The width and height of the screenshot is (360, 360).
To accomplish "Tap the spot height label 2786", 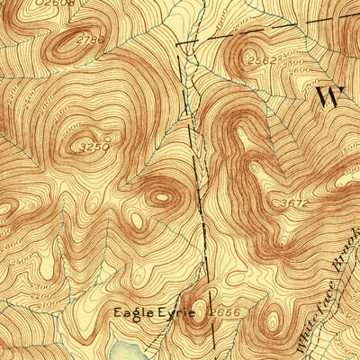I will click(88, 40).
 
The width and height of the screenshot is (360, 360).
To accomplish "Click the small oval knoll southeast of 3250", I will click(160, 194).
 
